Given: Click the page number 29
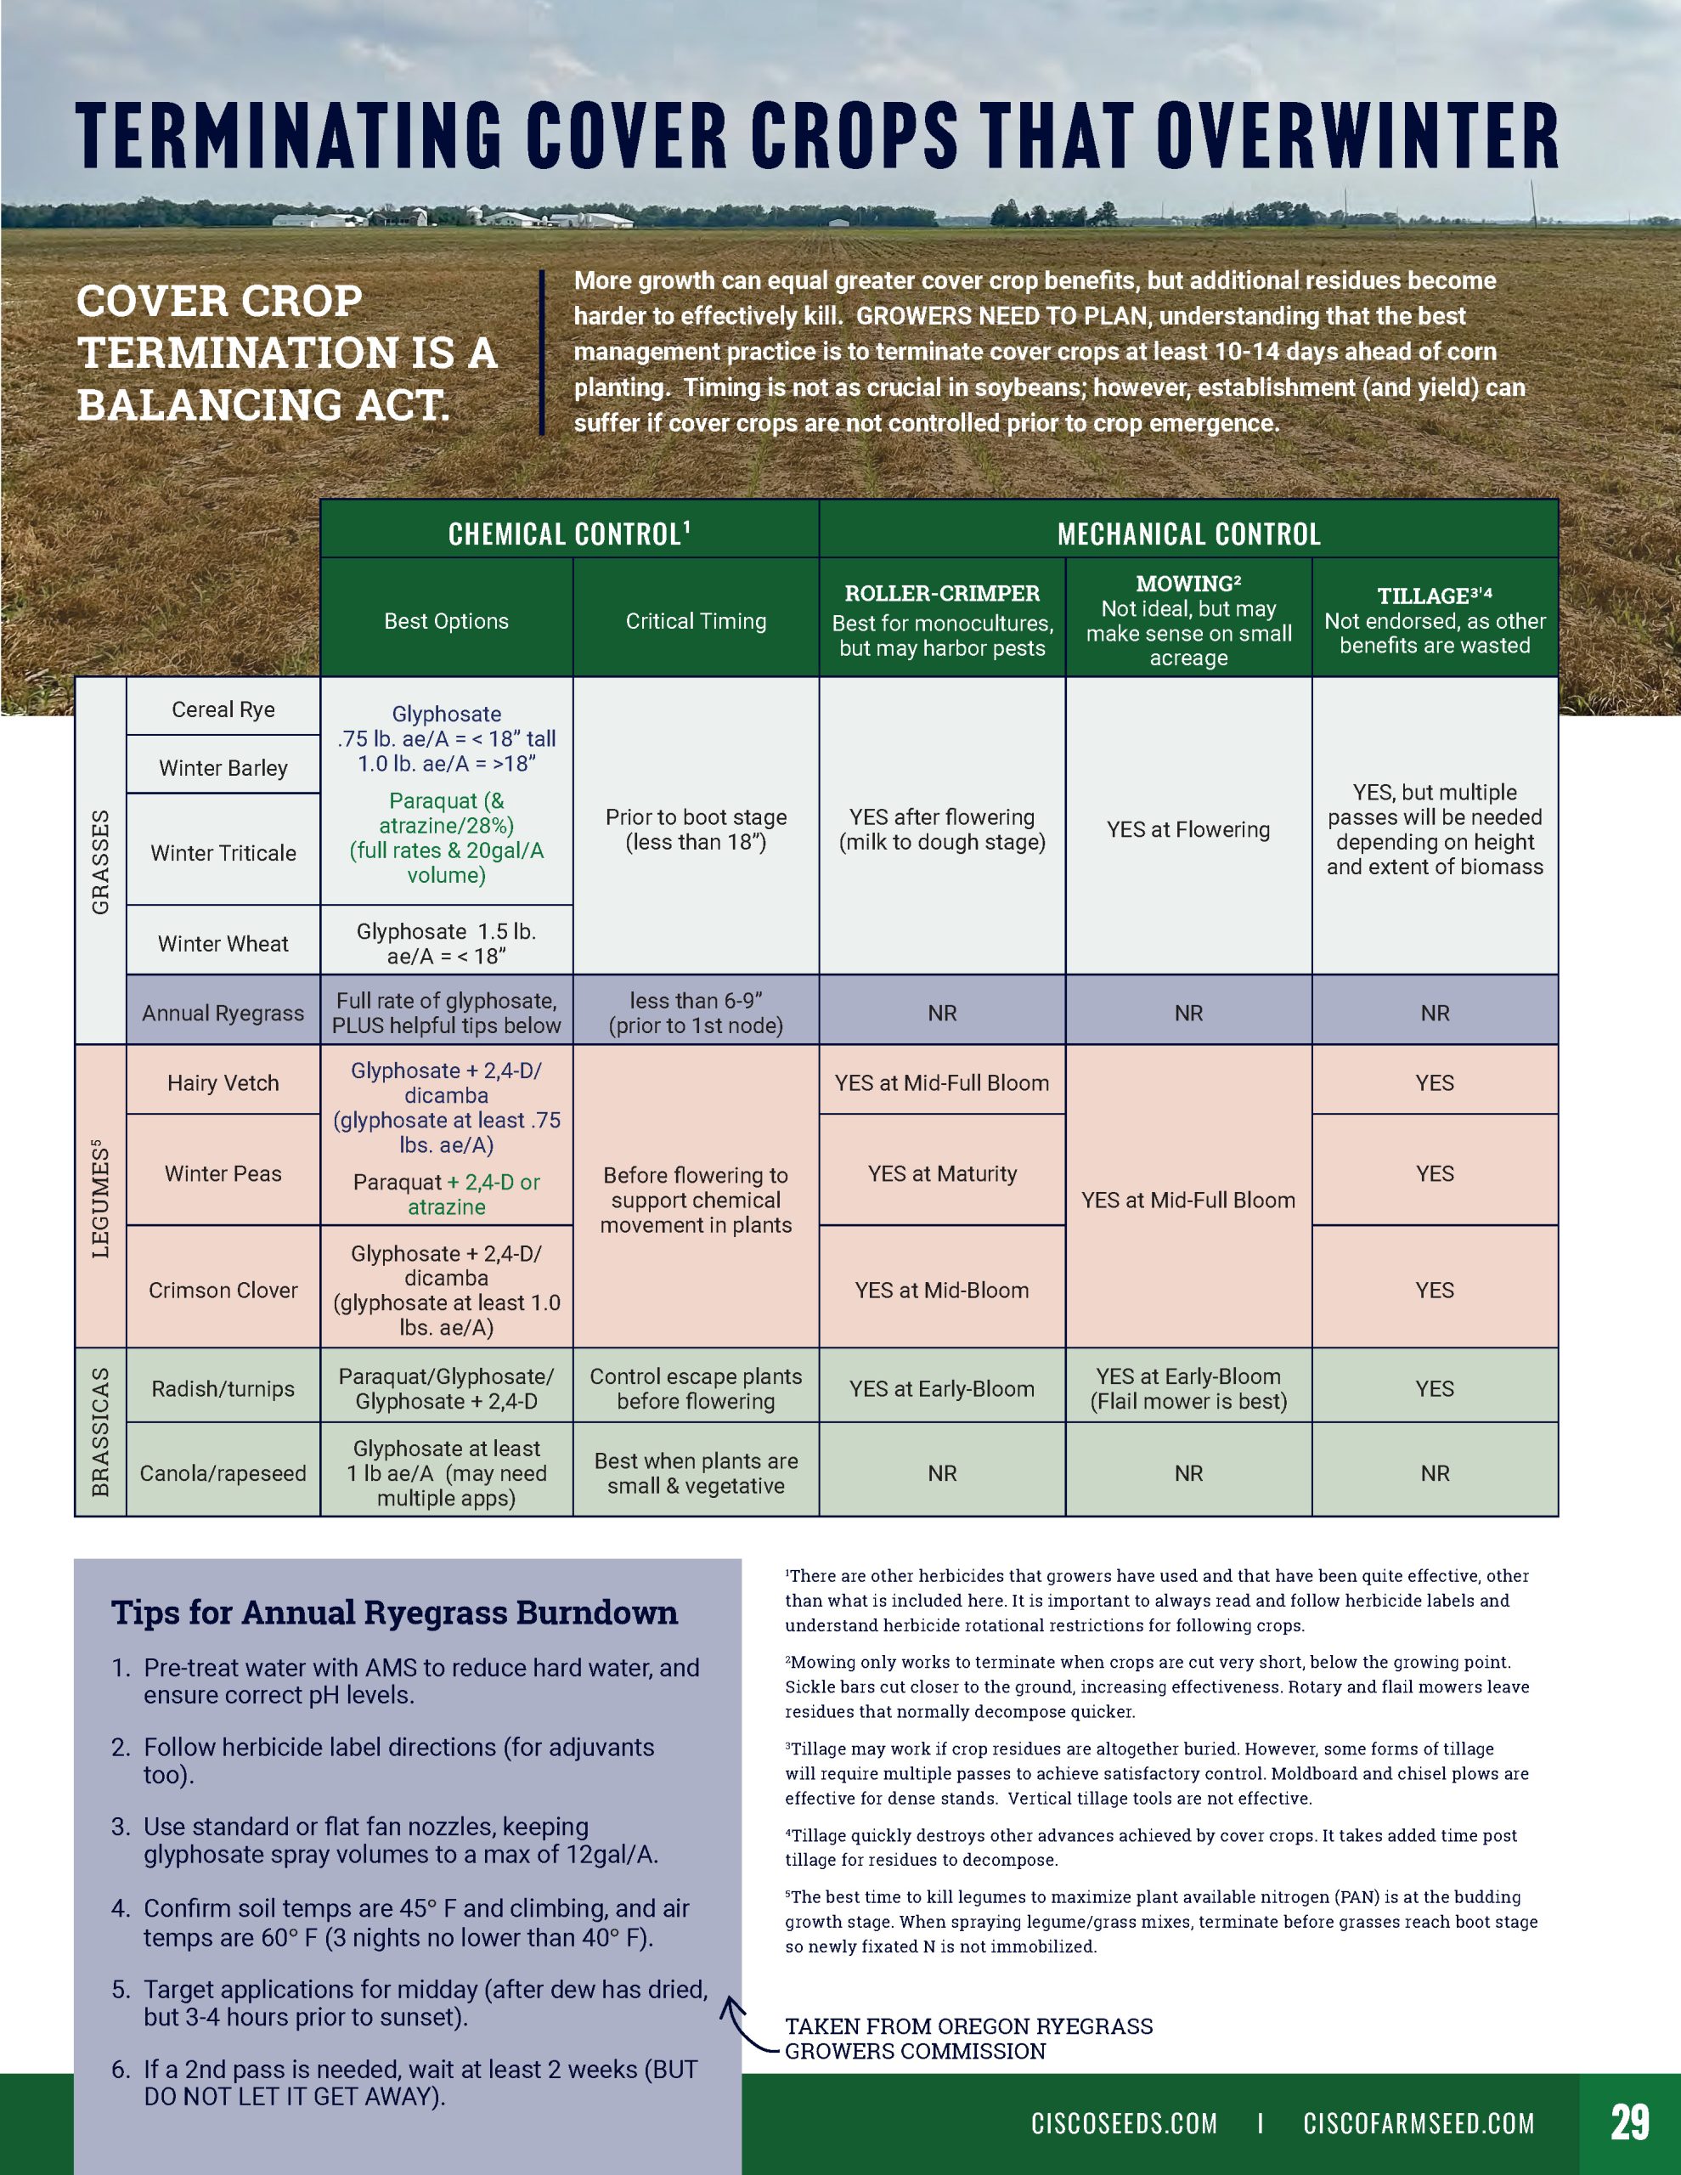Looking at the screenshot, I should [1629, 2122].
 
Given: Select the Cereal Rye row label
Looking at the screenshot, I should [223, 709].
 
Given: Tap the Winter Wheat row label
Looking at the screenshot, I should [223, 943].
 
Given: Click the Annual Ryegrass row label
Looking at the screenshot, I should [223, 1013].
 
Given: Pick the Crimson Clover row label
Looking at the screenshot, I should [223, 1290].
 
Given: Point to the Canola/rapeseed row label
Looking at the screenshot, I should [223, 1473].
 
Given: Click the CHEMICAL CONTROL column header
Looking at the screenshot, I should [568, 534].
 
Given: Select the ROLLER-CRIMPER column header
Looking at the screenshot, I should [942, 594].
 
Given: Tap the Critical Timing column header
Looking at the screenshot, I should [697, 620].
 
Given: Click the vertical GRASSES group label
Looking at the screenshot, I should [100, 862].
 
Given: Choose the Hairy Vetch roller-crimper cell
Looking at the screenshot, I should [942, 1082].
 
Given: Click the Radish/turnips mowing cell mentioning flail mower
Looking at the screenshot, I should [1188, 1388].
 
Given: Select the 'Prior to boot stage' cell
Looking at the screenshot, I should [697, 828].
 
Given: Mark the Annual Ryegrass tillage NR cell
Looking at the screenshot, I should [1434, 1013].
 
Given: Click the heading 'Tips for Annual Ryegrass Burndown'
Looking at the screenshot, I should [394, 1612].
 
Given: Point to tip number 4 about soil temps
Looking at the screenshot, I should [416, 1922].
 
